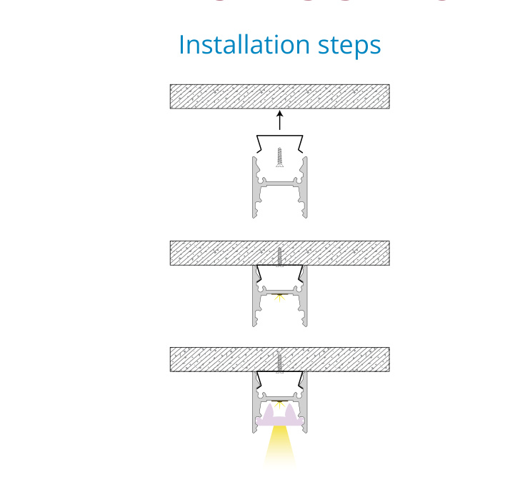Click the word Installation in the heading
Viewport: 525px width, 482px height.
point(244,44)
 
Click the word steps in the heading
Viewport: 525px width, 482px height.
point(349,46)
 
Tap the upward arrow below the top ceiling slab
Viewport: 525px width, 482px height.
point(280,121)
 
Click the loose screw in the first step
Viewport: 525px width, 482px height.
point(279,156)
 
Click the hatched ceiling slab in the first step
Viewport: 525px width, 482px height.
point(279,96)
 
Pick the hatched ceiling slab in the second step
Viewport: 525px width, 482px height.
point(279,253)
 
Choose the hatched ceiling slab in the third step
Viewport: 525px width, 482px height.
point(279,359)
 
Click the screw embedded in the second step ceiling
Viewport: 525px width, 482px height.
point(279,257)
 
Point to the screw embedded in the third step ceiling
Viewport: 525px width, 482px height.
point(279,363)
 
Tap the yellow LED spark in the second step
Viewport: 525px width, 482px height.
point(279,297)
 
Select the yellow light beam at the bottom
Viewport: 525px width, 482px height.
point(280,445)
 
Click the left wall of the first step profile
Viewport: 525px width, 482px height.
point(256,187)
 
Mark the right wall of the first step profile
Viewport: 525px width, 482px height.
point(304,187)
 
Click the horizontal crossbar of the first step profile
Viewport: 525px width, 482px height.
point(280,184)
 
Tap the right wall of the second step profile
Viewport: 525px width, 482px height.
point(304,296)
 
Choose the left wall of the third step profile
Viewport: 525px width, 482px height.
point(255,402)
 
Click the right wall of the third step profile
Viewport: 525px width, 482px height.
point(305,402)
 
